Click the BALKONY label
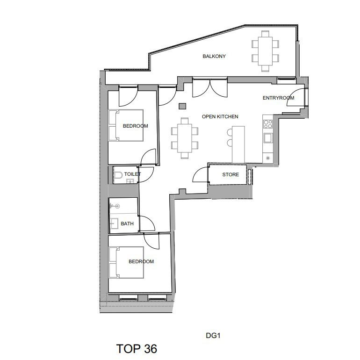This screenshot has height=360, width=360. click(x=214, y=56)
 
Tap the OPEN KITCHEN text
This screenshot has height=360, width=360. click(x=220, y=116)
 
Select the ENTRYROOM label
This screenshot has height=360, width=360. click(x=278, y=98)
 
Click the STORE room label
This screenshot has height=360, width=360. click(x=230, y=174)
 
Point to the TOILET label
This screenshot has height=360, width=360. click(x=132, y=174)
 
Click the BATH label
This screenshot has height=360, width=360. click(x=127, y=223)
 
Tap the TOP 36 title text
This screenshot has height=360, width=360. click(x=137, y=348)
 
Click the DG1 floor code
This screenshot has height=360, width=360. click(x=213, y=335)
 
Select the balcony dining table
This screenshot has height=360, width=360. click(x=265, y=51)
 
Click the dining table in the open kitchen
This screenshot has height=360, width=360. click(x=185, y=138)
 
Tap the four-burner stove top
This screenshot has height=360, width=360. click(x=268, y=124)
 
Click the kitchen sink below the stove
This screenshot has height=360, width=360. click(x=268, y=138)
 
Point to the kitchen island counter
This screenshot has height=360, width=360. click(x=238, y=144)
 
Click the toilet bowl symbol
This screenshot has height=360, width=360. click(x=118, y=175)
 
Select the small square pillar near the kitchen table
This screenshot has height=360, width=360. click(x=182, y=106)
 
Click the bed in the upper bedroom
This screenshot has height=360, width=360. click(x=126, y=125)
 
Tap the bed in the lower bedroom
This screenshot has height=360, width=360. click(x=126, y=262)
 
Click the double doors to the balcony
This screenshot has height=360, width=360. click(x=210, y=88)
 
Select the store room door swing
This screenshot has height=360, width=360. click(x=200, y=174)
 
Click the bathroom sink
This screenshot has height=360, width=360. click(x=114, y=223)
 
